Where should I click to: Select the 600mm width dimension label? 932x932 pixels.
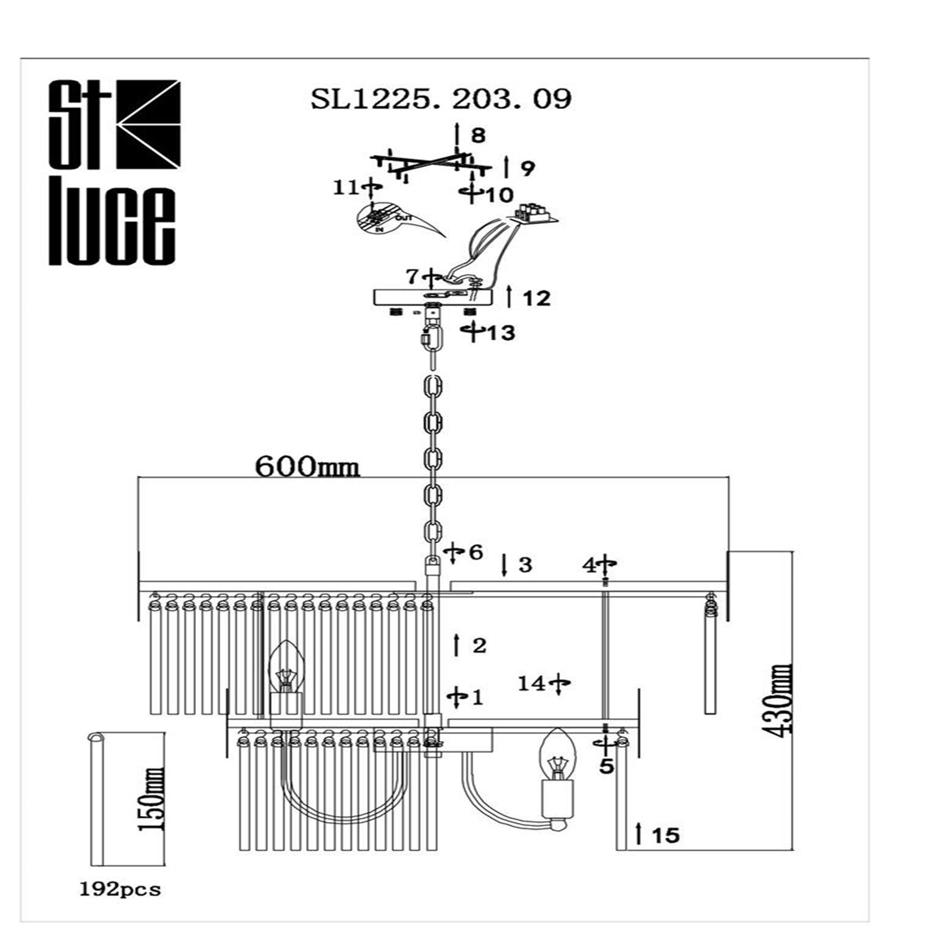pyautogui.click(x=307, y=467)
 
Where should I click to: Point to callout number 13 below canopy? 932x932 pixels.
pyautogui.click(x=500, y=333)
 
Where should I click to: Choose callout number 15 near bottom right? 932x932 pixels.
pyautogui.click(x=666, y=835)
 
